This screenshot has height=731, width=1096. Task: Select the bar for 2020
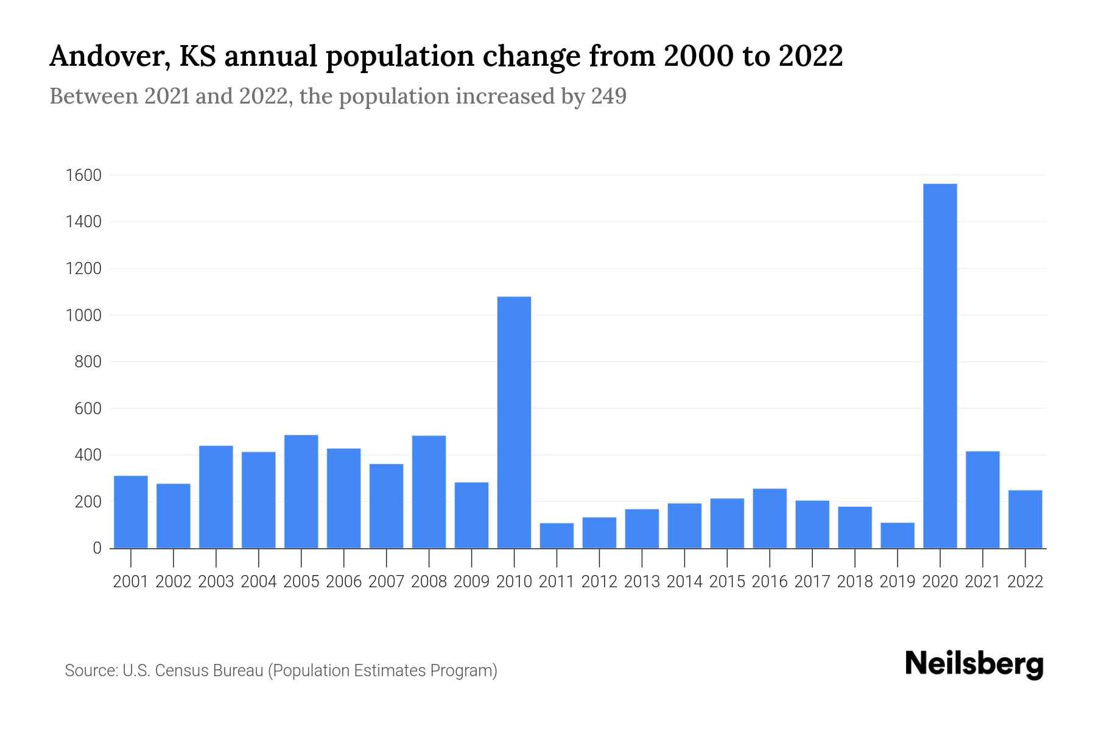tap(940, 365)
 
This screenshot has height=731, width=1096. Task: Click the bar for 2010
tap(514, 422)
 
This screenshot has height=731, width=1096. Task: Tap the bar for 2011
tap(557, 535)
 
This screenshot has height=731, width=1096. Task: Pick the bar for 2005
tap(301, 492)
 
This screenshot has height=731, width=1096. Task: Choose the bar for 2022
tap(1025, 519)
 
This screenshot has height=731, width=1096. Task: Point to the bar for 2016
tap(770, 518)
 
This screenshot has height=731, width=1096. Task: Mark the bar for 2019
tap(897, 535)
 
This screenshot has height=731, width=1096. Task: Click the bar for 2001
tap(131, 512)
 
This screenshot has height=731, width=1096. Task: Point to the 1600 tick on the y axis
tap(83, 175)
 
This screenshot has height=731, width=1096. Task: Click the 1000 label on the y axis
tap(83, 316)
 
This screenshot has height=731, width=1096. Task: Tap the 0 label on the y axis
tap(97, 548)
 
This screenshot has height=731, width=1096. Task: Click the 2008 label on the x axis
tap(429, 582)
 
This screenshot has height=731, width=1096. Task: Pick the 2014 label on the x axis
tap(684, 582)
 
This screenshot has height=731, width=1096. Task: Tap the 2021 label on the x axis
tap(982, 582)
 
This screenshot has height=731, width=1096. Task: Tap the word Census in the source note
tap(179, 671)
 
